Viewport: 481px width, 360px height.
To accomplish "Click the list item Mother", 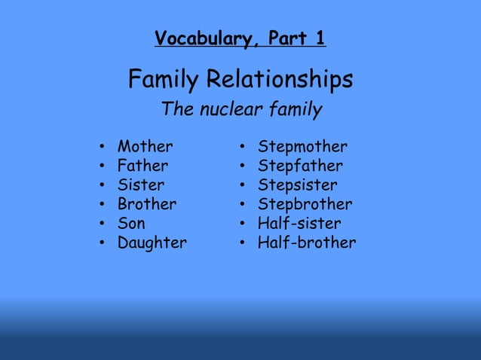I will pos(145,146).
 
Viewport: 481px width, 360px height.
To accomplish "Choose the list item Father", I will pos(142,166).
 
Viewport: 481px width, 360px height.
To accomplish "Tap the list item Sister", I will pos(140,185).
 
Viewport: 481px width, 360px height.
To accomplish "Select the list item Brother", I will pos(146,204).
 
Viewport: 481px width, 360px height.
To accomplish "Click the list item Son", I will pos(131,224).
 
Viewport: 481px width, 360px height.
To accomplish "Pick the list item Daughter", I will pos(152,243).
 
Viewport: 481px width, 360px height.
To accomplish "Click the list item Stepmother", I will pos(302,146).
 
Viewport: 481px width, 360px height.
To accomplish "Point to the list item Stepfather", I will pos(300,166).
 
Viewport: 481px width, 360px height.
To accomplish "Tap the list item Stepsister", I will pos(297,185).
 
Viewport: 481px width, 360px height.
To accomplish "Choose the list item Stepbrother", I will pos(305,204).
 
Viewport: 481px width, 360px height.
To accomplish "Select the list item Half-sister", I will pos(299,224).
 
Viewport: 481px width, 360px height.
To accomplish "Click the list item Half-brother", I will pos(306,243).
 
